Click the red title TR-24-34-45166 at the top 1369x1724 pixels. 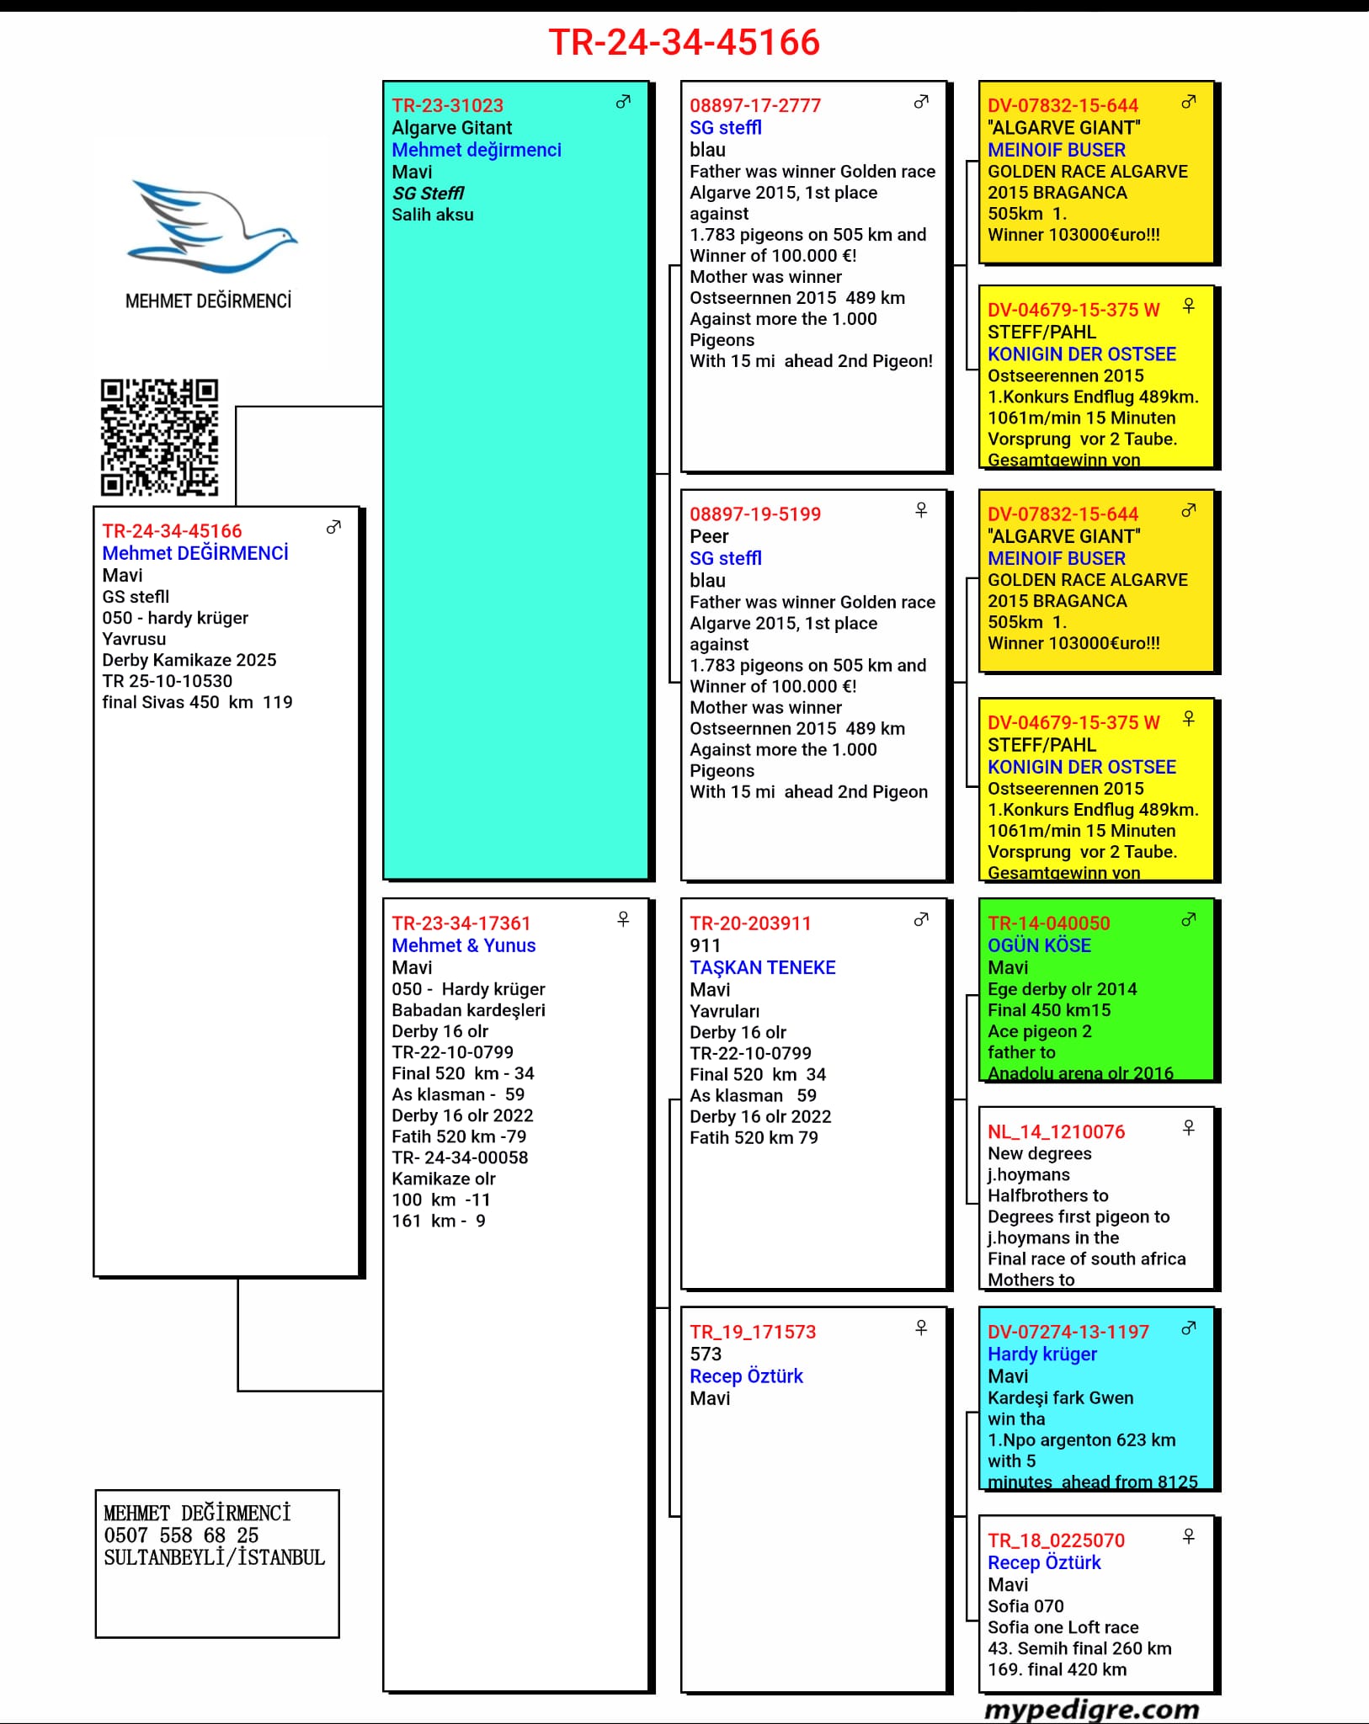click(x=684, y=42)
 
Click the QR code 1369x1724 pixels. click(x=159, y=437)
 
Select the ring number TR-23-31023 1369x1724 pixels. click(x=447, y=106)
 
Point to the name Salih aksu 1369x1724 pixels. click(x=432, y=215)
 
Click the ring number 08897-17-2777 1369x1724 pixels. click(x=754, y=106)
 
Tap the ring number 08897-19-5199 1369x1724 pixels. click(x=754, y=514)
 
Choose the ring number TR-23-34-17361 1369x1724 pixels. click(x=461, y=923)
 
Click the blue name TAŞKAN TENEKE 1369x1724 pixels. click(x=762, y=967)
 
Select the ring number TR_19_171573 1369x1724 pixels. click(x=753, y=1332)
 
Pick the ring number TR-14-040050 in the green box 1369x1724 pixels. click(x=1048, y=923)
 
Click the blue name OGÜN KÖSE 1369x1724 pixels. click(x=1039, y=945)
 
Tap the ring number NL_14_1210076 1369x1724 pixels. click(x=1056, y=1132)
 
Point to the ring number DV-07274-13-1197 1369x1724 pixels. click(x=1068, y=1332)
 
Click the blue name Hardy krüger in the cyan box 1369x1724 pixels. click(x=1041, y=1354)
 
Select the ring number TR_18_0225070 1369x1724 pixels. click(x=1056, y=1540)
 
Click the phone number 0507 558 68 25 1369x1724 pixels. click(x=181, y=1535)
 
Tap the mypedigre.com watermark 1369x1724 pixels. click(x=1091, y=1710)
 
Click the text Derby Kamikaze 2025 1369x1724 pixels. click(x=189, y=660)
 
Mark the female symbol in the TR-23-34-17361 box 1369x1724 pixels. click(x=623, y=919)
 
